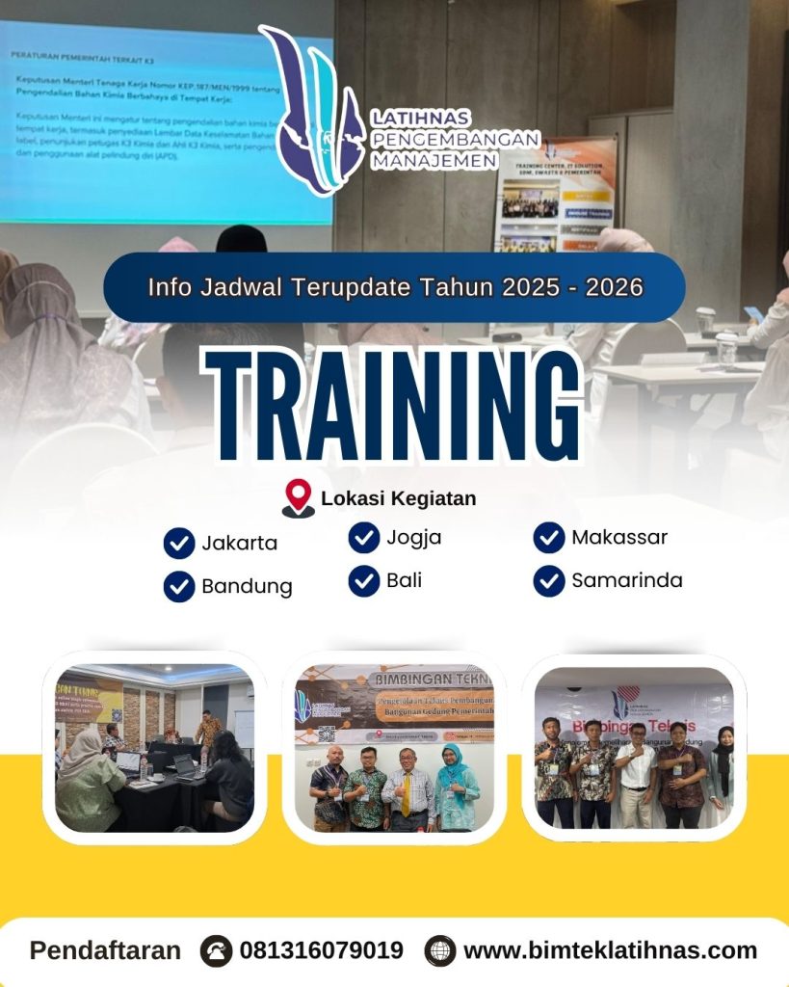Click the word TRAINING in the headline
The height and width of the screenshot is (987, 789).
coord(396,402)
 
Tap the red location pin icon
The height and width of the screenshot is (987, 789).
coord(298,497)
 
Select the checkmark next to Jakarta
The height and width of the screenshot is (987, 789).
coord(179,544)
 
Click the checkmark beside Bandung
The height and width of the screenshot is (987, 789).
coord(179,586)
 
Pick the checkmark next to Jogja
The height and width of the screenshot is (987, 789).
coord(363,538)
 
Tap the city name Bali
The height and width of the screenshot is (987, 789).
coord(404,580)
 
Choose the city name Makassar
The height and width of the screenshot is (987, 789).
coord(618,537)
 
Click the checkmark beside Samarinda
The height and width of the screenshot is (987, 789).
coord(549,580)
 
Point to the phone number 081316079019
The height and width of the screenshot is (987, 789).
coord(321,950)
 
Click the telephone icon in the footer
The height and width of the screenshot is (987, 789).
coord(217,950)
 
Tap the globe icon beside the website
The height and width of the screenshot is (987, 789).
coord(440,950)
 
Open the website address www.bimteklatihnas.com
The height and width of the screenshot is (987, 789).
coord(610,950)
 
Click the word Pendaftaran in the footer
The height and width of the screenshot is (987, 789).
coord(105,950)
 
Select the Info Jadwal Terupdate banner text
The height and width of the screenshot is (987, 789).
coord(395,287)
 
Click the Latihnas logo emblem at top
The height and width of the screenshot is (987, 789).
coord(306,111)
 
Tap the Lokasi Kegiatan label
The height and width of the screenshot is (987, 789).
coord(398,498)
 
